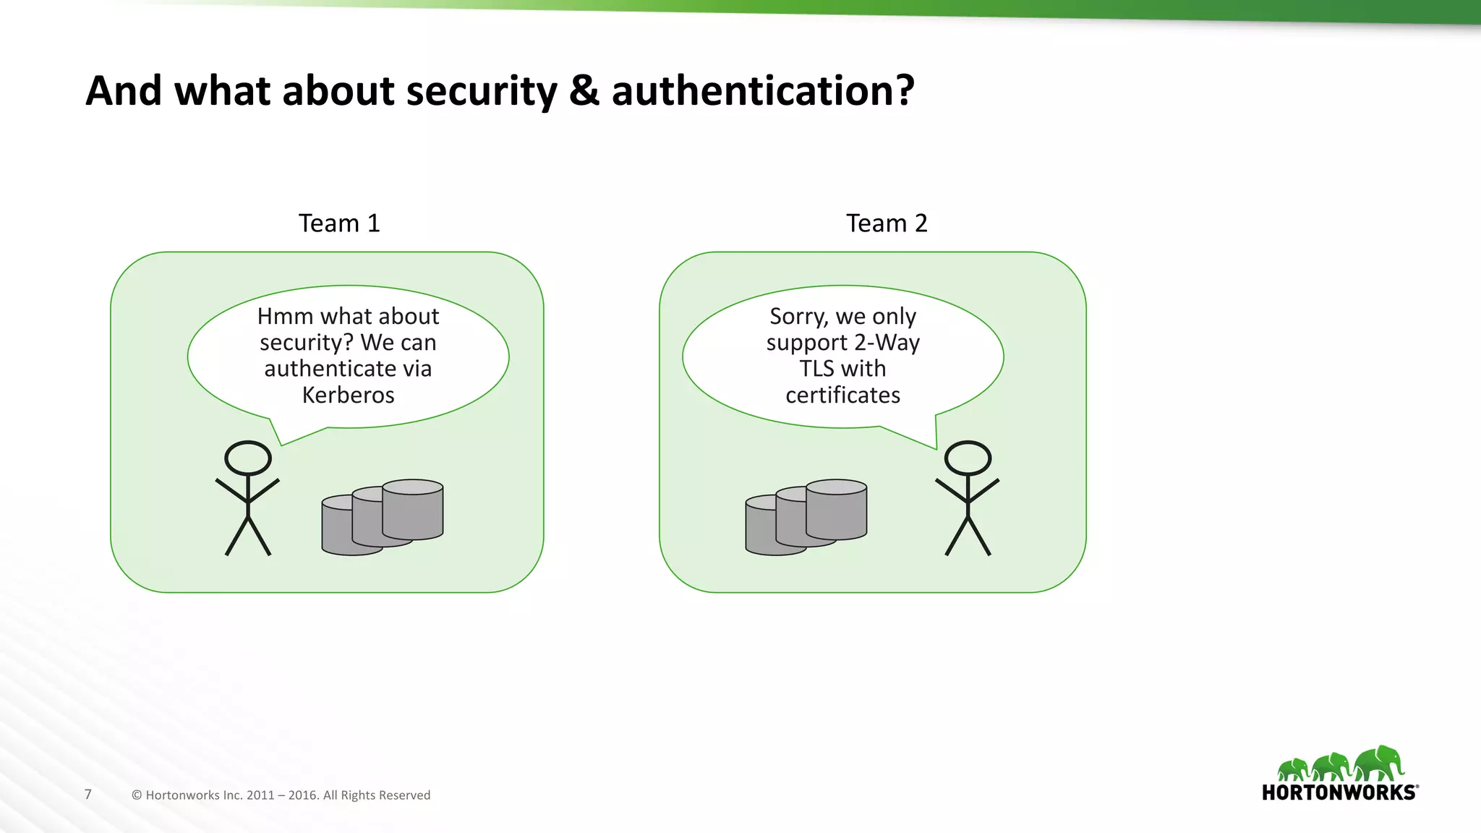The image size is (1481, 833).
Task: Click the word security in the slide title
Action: click(482, 92)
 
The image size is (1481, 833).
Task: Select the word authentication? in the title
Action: click(763, 91)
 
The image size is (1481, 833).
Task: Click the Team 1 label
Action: click(339, 223)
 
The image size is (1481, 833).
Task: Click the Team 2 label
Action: click(887, 223)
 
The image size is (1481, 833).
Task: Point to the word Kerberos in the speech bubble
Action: click(348, 396)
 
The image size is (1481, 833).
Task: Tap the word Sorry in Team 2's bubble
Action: click(798, 317)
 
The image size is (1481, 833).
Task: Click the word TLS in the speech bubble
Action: click(816, 369)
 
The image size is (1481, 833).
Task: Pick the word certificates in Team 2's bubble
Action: click(842, 396)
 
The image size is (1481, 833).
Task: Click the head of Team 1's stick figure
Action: click(248, 458)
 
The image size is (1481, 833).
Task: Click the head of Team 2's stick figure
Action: click(968, 458)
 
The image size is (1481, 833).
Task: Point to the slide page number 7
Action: click(88, 794)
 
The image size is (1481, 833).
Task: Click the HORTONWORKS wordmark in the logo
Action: click(1339, 793)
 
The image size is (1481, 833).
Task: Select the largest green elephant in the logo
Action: click(1380, 764)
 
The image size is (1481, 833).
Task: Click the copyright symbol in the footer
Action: click(137, 795)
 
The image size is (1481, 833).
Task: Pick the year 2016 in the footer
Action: click(302, 795)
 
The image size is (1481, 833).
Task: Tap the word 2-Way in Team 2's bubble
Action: click(887, 343)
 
